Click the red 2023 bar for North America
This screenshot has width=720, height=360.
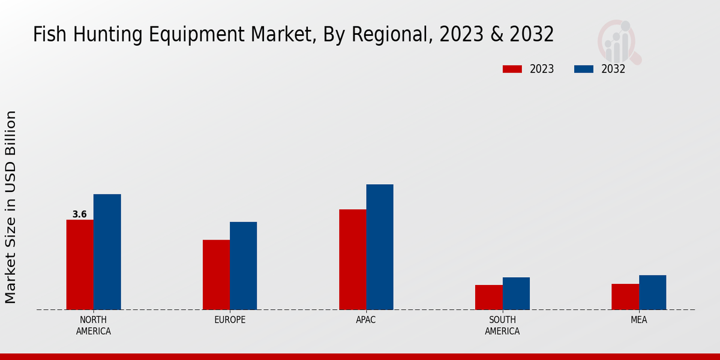[80, 265]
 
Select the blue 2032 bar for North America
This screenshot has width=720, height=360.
[107, 252]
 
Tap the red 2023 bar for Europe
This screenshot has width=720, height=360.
[216, 275]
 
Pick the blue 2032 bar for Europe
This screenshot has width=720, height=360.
[243, 266]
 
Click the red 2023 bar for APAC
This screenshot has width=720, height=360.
[352, 259]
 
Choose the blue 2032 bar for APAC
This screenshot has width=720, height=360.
[380, 247]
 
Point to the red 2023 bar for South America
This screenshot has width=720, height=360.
[488, 297]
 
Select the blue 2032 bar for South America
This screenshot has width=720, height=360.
[516, 293]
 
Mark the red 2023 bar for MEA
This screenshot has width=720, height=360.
[625, 296]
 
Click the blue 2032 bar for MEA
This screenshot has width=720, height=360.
[652, 292]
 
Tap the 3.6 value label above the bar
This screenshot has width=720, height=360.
[79, 214]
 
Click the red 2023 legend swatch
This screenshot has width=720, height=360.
[512, 69]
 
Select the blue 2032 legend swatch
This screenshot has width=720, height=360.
[584, 69]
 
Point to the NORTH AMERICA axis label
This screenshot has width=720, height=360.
[93, 325]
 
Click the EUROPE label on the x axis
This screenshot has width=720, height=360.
[230, 320]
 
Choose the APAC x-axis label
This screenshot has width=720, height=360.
[366, 320]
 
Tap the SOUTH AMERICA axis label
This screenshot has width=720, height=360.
[502, 325]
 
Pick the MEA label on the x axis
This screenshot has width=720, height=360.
[638, 320]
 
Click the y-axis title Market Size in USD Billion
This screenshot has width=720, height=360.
[11, 207]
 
